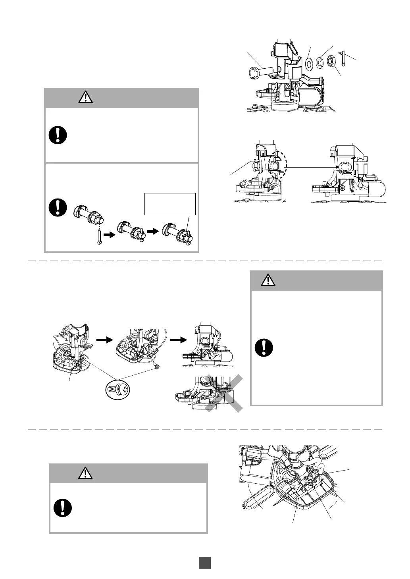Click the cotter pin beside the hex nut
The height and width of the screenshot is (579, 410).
[344, 57]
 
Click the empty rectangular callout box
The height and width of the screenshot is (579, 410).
[170, 204]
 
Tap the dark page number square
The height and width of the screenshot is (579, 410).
[205, 563]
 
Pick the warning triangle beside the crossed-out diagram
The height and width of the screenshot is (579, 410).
[269, 280]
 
